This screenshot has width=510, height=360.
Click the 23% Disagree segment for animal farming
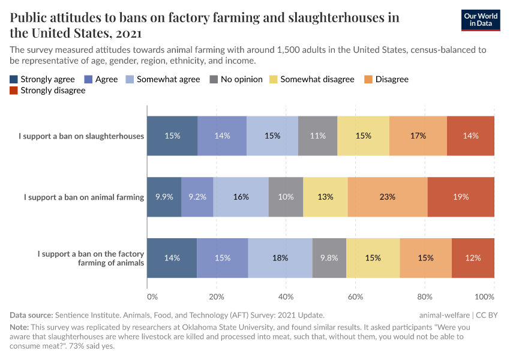coord(388,197)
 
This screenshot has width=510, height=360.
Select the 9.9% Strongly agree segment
coord(164,197)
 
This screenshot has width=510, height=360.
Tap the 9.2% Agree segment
coord(197,197)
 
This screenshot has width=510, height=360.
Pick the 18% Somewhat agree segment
coord(280,257)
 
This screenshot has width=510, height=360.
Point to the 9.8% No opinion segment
coord(329,257)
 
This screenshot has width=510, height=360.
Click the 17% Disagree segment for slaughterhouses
coord(418,136)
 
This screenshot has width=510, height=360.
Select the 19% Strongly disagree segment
coord(461,197)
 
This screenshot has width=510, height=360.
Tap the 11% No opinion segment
coord(318,136)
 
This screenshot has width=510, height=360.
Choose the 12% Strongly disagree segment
coord(473,257)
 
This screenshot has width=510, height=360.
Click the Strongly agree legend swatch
coord(14,79)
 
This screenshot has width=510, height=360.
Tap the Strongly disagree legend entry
coord(47,91)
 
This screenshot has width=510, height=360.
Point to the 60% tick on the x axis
coord(356,296)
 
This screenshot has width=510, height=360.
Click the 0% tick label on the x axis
coord(152,296)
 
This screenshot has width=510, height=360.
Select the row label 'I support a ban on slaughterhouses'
coord(82,136)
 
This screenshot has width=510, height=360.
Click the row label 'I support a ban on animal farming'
coord(84,197)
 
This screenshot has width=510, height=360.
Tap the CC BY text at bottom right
coord(487,315)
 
